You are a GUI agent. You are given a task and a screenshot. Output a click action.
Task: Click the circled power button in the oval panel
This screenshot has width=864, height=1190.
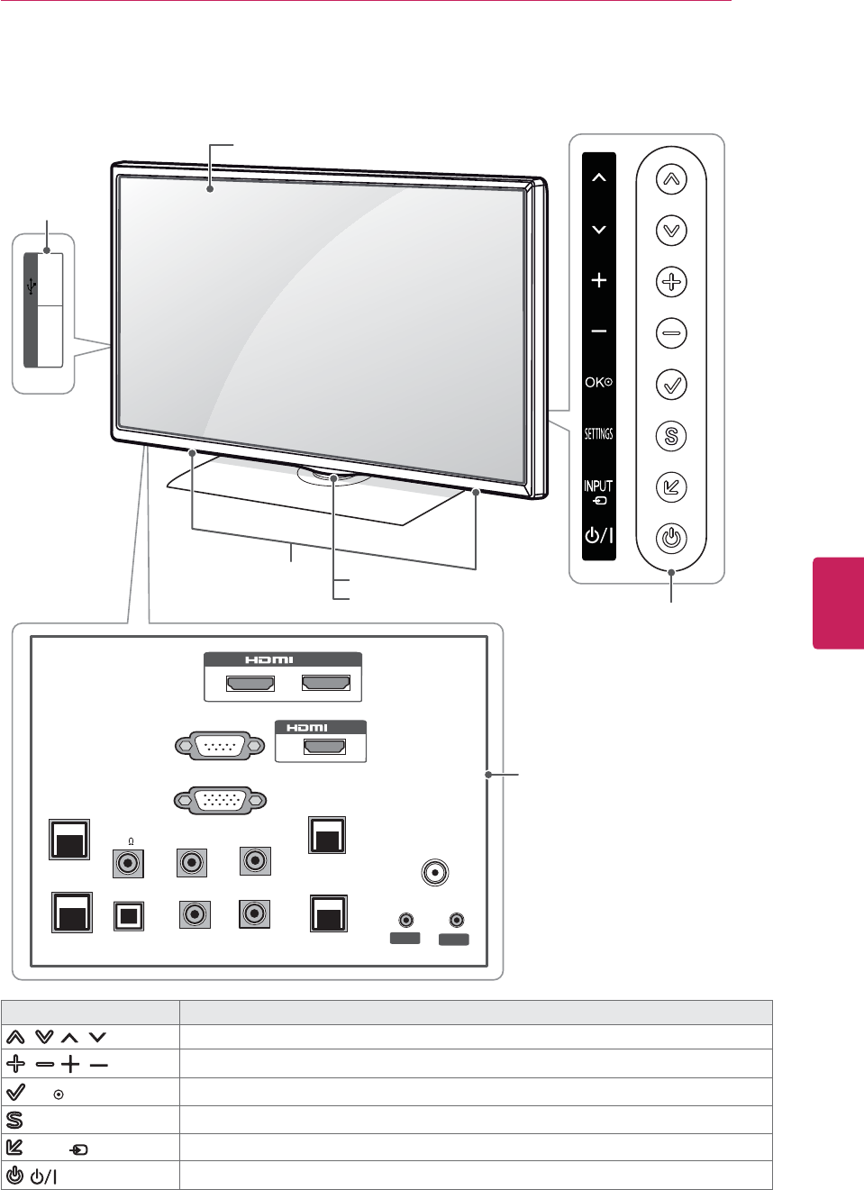click(x=670, y=539)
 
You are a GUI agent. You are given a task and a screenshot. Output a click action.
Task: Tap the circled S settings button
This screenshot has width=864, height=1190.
click(x=670, y=437)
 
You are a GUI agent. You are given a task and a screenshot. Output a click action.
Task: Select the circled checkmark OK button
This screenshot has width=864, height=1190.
click(x=670, y=385)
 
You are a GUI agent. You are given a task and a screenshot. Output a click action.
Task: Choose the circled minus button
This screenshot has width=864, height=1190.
click(x=670, y=333)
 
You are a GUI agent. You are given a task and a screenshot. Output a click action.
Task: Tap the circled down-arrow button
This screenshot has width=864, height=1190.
click(x=670, y=231)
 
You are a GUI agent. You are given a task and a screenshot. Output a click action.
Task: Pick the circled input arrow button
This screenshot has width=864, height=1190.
click(x=670, y=487)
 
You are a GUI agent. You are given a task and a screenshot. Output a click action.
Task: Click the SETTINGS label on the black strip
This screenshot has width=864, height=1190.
click(x=598, y=434)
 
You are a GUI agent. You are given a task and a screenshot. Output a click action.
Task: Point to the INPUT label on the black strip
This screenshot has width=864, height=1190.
click(x=598, y=486)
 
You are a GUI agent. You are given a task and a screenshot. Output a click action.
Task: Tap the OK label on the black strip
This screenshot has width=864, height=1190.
click(x=598, y=382)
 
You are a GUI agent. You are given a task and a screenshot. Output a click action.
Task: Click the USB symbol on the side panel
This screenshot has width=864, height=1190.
click(x=32, y=286)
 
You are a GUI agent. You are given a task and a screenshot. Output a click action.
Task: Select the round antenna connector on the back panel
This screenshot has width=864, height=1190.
click(x=434, y=872)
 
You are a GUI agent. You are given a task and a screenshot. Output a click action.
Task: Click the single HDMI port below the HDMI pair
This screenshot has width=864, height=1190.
click(x=324, y=747)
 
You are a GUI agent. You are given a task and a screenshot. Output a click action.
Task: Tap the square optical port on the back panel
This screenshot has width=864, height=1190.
click(x=128, y=914)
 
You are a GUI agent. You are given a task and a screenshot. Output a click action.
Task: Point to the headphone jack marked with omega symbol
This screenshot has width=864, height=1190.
click(x=129, y=863)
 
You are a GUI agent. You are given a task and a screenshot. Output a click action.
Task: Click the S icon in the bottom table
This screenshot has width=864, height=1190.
click(x=14, y=1120)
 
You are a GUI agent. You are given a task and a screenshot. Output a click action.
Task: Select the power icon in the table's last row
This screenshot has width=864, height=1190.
click(x=14, y=1176)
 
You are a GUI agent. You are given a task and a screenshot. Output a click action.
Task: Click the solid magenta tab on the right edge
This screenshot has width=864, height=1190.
click(x=839, y=603)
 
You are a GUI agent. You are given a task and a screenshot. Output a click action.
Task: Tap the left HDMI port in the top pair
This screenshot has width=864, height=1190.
click(x=250, y=683)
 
